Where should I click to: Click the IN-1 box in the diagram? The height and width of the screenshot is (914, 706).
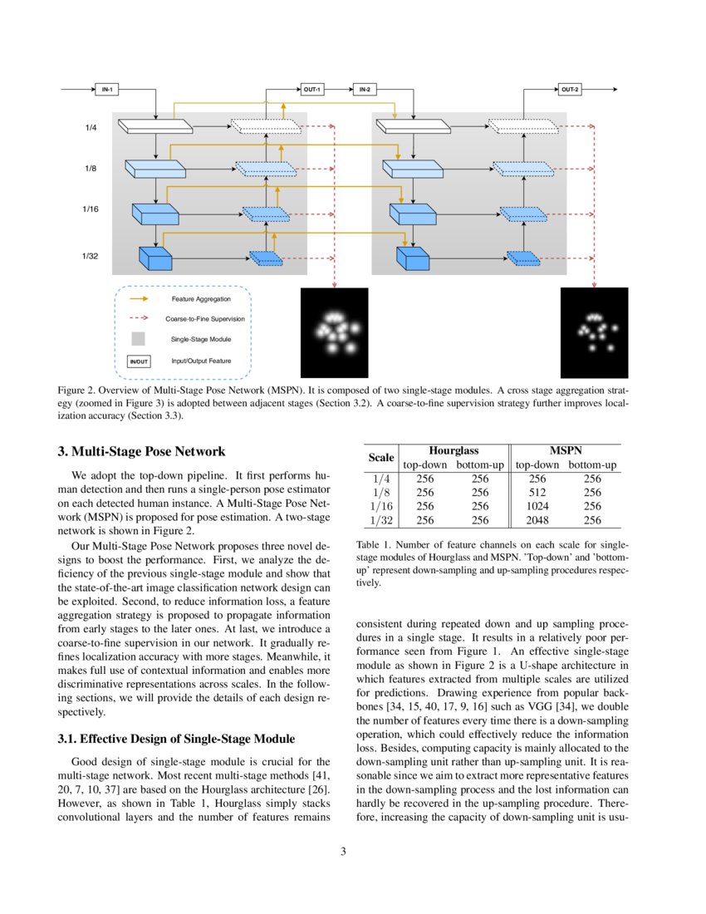(x=105, y=89)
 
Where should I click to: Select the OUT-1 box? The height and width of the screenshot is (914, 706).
(x=311, y=89)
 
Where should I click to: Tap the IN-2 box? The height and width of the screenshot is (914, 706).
(x=365, y=89)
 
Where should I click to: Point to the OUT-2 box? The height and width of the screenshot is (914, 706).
(x=570, y=89)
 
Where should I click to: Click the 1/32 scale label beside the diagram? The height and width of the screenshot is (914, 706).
(x=91, y=257)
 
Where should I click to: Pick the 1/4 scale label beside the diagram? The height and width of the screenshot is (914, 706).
(x=91, y=128)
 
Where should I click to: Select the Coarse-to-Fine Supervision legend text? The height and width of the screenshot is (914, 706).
(x=204, y=318)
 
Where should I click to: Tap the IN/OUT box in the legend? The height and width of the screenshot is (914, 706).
(x=138, y=361)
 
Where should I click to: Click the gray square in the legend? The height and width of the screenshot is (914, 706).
(x=138, y=339)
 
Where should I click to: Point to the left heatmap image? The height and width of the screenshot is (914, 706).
(x=333, y=332)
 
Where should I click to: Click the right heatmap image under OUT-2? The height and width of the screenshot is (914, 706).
(x=594, y=332)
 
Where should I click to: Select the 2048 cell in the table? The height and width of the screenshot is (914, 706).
(x=537, y=520)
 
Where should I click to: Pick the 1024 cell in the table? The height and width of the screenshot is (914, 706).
(x=537, y=506)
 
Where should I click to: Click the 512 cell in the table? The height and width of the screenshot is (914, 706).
(x=537, y=492)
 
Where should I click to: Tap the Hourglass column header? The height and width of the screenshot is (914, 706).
(x=453, y=450)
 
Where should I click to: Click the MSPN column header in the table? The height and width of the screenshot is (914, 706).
(x=565, y=450)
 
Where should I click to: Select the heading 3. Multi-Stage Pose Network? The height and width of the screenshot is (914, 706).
(x=141, y=452)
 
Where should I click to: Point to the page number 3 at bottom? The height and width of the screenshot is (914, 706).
(x=353, y=852)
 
